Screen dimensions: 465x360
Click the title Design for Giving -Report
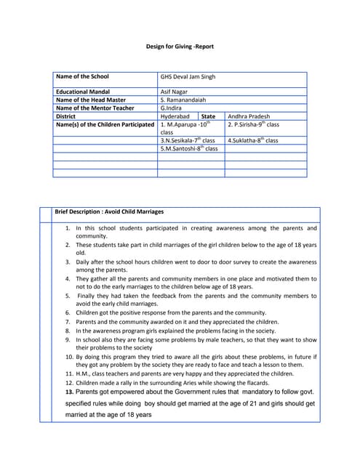tap(180, 47)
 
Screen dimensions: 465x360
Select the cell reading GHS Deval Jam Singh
tap(188, 76)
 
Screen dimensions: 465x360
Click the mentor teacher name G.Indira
tap(173, 108)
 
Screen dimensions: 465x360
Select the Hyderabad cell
tap(175, 116)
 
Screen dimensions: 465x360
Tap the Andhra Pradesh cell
tap(252, 116)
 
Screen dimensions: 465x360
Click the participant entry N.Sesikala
tap(188, 140)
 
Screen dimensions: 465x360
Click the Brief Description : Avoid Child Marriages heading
tap(109, 211)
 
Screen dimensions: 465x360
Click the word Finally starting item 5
tap(88, 296)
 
